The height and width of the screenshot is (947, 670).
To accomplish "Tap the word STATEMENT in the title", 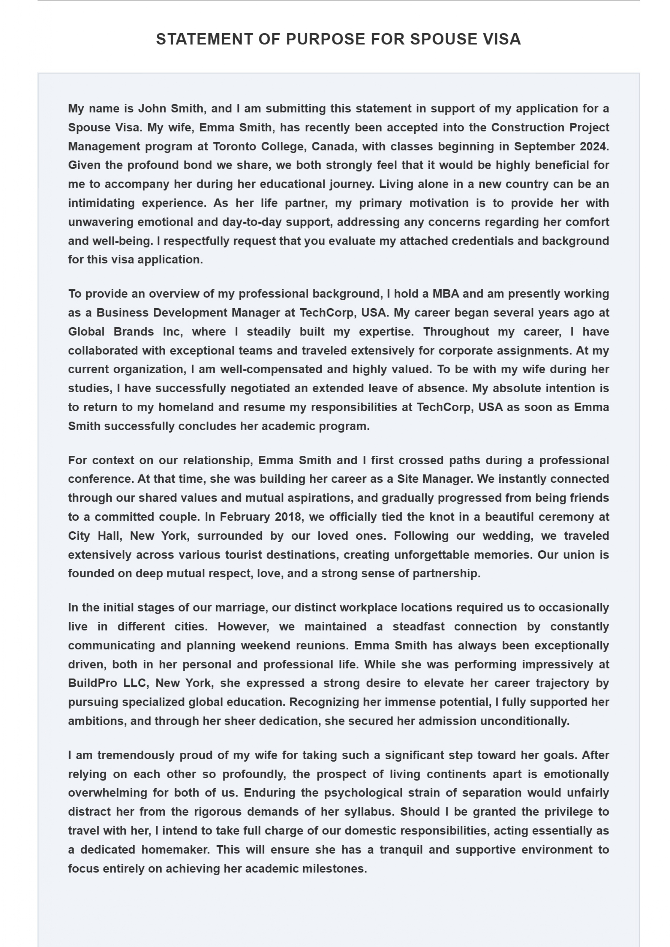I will pyautogui.click(x=205, y=39).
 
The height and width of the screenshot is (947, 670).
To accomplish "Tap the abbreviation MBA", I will pyautogui.click(x=446, y=294).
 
